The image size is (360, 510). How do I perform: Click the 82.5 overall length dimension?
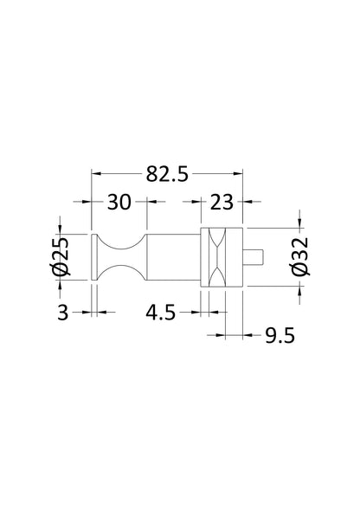[167, 176]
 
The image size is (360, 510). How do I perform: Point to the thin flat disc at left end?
[93, 257]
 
